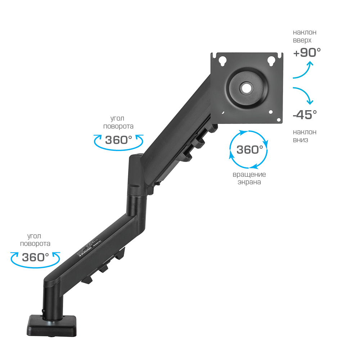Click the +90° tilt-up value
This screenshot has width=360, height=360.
(307, 53)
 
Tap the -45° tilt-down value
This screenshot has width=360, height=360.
(305, 115)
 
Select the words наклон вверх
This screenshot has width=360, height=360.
(305, 36)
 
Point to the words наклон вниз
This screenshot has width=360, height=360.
(305, 136)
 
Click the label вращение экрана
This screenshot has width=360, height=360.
(249, 178)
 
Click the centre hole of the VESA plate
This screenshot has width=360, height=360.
(246, 87)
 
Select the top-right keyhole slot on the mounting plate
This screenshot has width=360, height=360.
(272, 60)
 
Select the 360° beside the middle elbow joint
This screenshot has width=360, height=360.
(119, 140)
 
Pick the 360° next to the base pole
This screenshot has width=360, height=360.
(35, 257)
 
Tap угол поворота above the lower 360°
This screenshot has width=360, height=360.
(35, 240)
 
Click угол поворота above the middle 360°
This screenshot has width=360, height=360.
(118, 122)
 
